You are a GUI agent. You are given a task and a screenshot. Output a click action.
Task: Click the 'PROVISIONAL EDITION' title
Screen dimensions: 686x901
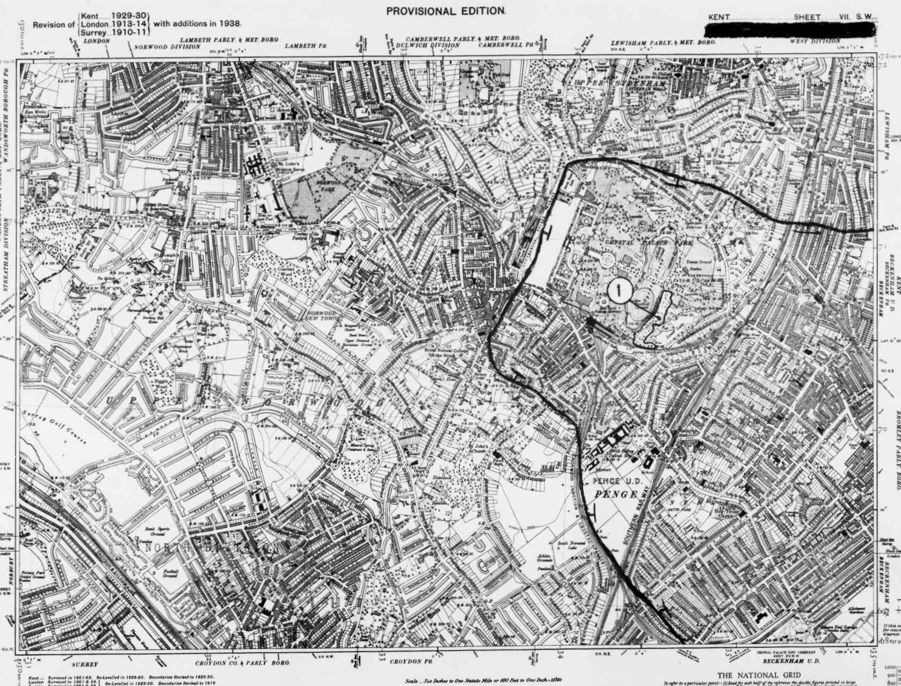click(x=445, y=10)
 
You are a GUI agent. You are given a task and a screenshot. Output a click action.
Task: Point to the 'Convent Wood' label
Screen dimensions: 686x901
click(x=292, y=272)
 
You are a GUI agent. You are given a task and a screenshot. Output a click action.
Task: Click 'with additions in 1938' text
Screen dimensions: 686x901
click(x=197, y=24)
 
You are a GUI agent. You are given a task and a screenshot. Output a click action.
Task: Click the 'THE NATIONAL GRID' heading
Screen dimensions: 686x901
click(x=759, y=675)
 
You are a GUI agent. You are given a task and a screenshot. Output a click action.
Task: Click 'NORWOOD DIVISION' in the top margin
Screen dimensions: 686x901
click(x=167, y=47)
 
